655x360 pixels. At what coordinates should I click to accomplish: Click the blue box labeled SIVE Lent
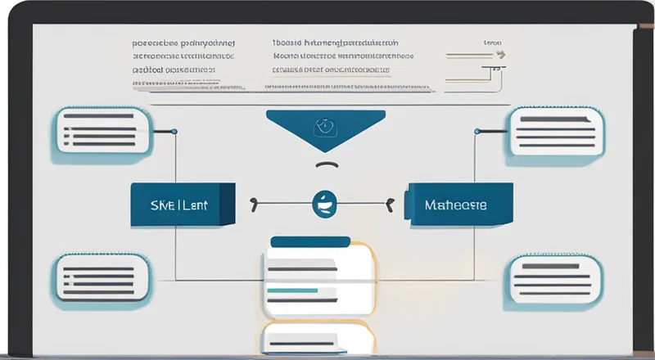pyautogui.click(x=183, y=205)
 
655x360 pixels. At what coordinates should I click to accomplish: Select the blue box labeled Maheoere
pyautogui.click(x=460, y=205)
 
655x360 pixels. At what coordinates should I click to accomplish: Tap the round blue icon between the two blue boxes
pyautogui.click(x=323, y=205)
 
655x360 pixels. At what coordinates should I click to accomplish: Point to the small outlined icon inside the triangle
pyautogui.click(x=324, y=127)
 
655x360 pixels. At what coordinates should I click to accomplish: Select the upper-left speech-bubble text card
pyautogui.click(x=101, y=130)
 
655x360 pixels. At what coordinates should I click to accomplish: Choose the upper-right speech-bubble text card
pyautogui.click(x=556, y=130)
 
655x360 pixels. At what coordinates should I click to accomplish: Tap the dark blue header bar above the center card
pyautogui.click(x=309, y=241)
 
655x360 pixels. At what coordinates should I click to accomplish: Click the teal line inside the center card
pyautogui.click(x=292, y=290)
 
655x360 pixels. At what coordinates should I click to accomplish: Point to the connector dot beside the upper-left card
pyautogui.click(x=174, y=131)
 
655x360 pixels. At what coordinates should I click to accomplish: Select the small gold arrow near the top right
pyautogui.click(x=497, y=56)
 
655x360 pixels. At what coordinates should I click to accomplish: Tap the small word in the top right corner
pyautogui.click(x=492, y=41)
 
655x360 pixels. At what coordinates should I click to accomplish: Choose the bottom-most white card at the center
pyautogui.click(x=318, y=338)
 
